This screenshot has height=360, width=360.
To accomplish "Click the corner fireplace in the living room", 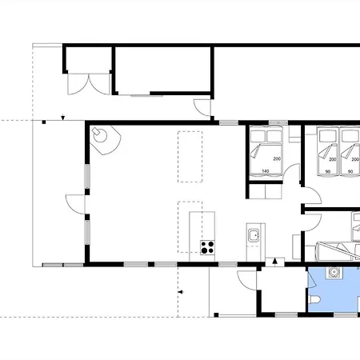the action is (105, 140).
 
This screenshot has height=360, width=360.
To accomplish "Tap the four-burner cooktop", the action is (207, 247).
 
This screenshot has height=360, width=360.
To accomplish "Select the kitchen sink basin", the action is (254, 235).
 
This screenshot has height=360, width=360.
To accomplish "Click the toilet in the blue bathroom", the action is (314, 300).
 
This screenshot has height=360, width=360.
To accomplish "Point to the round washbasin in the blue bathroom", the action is (334, 272).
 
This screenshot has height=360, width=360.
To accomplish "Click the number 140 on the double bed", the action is (266, 171).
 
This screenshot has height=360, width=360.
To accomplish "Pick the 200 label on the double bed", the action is (277, 158).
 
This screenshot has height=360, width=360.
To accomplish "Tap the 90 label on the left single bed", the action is (328, 171).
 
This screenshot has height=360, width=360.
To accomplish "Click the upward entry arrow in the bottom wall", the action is (275, 262).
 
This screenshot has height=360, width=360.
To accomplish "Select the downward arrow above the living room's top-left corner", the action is (63, 118).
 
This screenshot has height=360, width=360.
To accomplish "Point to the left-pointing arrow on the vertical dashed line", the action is (181, 292).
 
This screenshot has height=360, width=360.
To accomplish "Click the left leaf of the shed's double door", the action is (78, 84).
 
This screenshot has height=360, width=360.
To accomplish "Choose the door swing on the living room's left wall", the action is (75, 204).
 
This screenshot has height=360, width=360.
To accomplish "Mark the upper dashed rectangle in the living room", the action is (190, 157).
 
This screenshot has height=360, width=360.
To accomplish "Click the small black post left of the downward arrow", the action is (44, 122).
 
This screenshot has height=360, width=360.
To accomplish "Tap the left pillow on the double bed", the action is (258, 136).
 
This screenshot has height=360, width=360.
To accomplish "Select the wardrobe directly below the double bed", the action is (266, 191).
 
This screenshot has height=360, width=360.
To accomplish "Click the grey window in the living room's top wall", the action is (229, 122).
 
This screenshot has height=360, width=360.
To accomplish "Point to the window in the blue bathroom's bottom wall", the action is (346, 315).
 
